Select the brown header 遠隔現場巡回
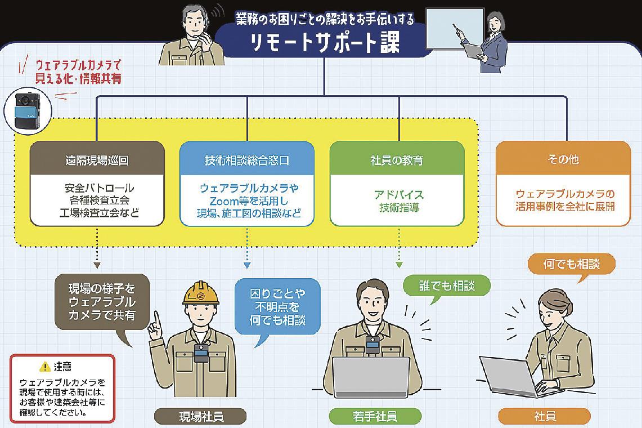coord(97,160)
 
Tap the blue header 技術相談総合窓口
coord(246,160)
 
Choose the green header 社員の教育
coord(397,160)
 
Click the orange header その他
coord(563,160)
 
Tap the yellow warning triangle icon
coord(45,367)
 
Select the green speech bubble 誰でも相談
coord(447,286)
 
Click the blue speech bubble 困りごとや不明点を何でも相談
coord(277,307)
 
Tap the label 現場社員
coord(201,417)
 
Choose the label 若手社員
coord(375,417)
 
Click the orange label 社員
coord(544,417)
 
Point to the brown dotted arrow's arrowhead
coord(97,264)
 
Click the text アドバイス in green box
coord(398,195)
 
